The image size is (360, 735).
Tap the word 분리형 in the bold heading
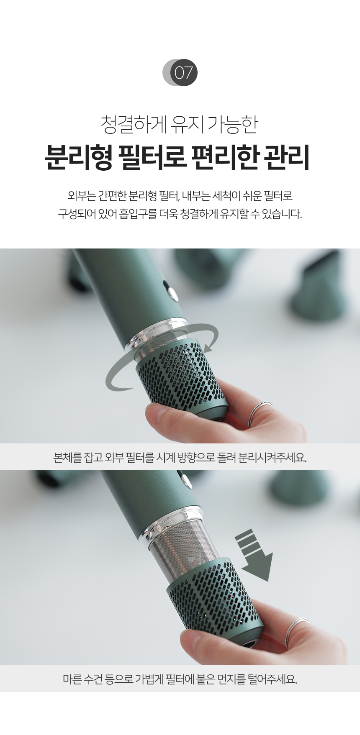78,158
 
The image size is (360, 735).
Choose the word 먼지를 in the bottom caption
229,679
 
